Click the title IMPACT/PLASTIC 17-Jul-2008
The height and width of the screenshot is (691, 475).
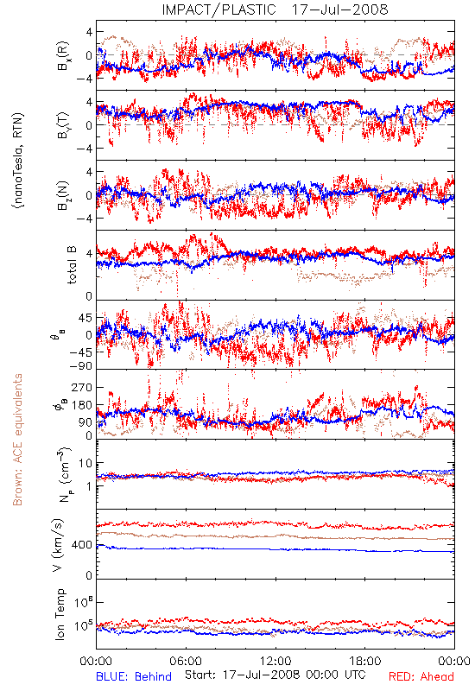pyautogui.click(x=275, y=10)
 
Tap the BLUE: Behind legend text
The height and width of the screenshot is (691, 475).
pyautogui.click(x=134, y=676)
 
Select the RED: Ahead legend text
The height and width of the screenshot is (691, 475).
pyautogui.click(x=421, y=676)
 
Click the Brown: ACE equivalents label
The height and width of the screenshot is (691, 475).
pyautogui.click(x=17, y=440)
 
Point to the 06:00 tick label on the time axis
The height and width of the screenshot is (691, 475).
pyautogui.click(x=186, y=661)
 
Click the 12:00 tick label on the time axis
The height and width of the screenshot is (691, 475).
pyautogui.click(x=275, y=661)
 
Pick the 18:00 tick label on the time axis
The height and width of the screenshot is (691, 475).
pyautogui.click(x=365, y=661)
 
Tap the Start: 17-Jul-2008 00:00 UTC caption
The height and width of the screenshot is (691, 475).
pyautogui.click(x=275, y=675)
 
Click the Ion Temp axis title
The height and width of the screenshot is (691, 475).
pyautogui.click(x=60, y=614)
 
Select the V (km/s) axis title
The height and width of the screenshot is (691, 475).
pyautogui.click(x=58, y=545)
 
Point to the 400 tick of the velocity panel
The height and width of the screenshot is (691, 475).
pyautogui.click(x=82, y=545)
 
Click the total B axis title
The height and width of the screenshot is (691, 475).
pyautogui.click(x=72, y=265)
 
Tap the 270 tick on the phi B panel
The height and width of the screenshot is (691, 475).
pyautogui.click(x=82, y=387)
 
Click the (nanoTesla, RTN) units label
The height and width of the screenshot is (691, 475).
pyautogui.click(x=18, y=161)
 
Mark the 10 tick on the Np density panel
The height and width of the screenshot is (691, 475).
pyautogui.click(x=85, y=464)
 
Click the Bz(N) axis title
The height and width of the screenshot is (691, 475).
pyautogui.click(x=63, y=195)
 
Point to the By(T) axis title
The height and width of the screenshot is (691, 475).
pyautogui.click(x=63, y=125)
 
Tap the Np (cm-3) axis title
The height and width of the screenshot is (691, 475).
pyautogui.click(x=64, y=474)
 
